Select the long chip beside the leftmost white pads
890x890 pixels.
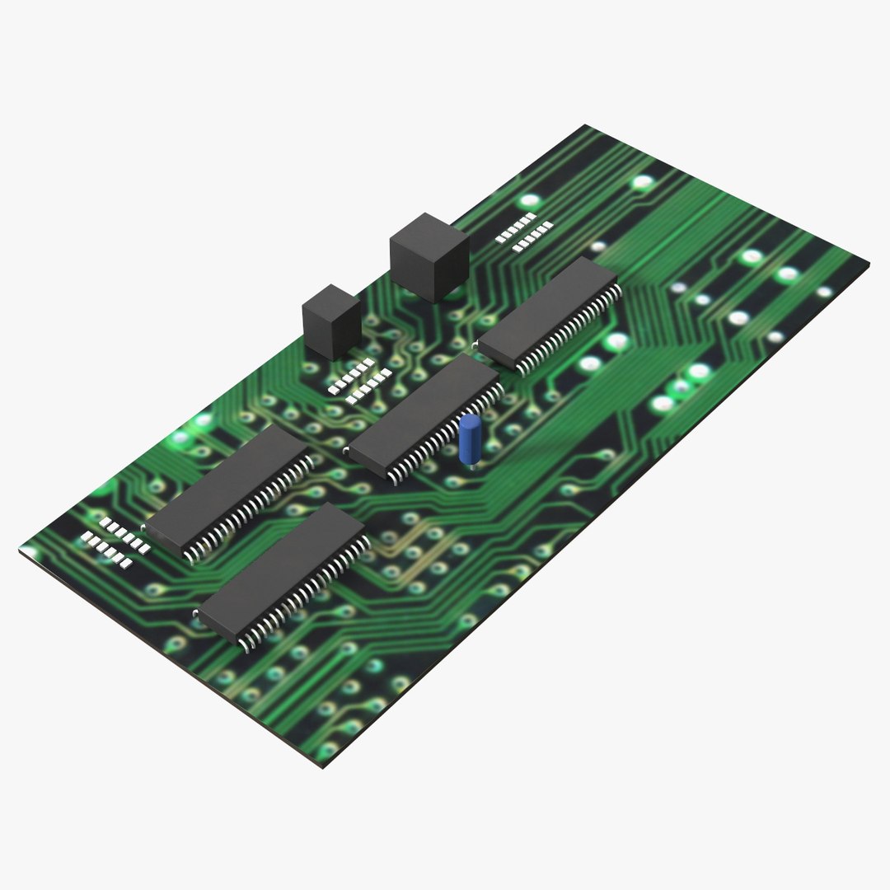click(227, 489)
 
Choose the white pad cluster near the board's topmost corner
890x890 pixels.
click(523, 231)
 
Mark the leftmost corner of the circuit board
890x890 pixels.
click(20, 550)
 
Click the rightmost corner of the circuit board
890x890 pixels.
click(869, 265)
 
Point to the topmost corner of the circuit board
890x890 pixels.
click(586, 126)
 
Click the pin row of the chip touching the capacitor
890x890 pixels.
click(445, 437)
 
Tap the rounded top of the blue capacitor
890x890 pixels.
click(471, 422)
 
